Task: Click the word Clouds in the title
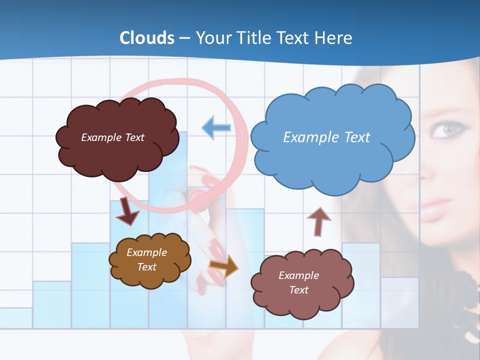pos(147,38)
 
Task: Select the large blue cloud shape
pos(332,137)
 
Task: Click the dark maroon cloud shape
pos(117,138)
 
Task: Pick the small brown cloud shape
pos(150,260)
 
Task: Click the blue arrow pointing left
pos(216,127)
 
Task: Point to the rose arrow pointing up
pos(318,221)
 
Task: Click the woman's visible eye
pos(445,130)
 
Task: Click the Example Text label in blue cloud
pos(326,137)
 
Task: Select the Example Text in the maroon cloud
pos(112,137)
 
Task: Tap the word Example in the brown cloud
pos(146,252)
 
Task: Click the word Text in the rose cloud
pos(298,290)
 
